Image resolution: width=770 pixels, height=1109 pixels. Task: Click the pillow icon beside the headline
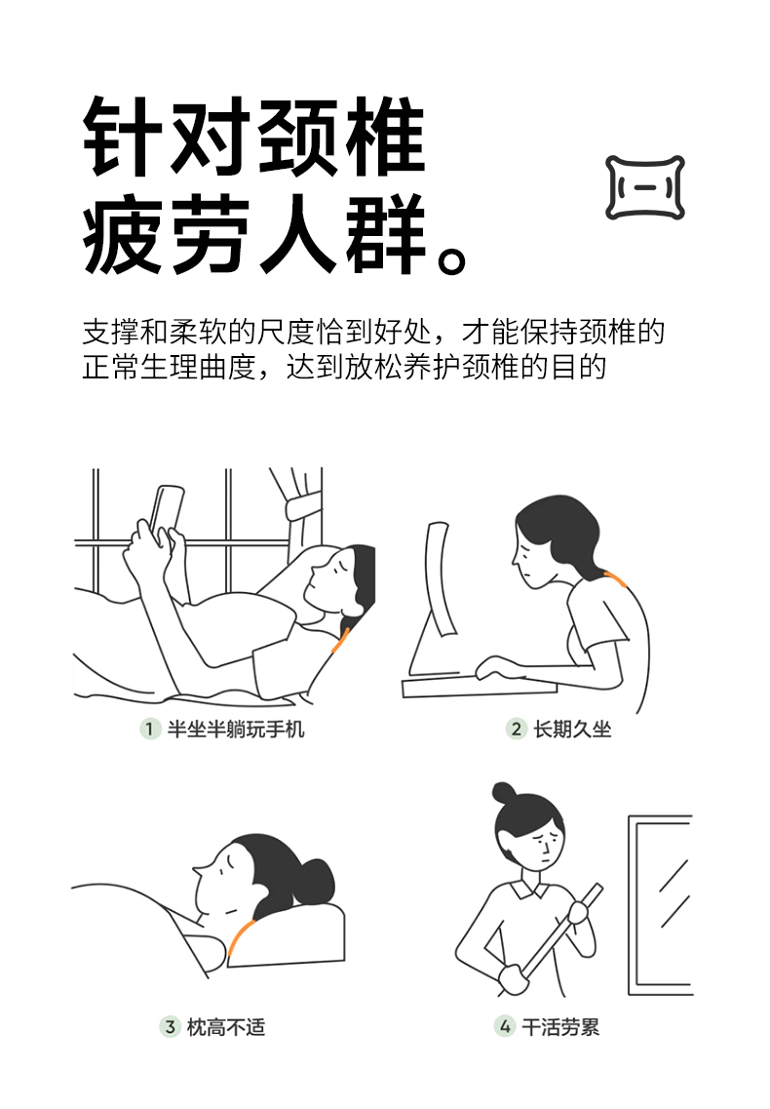pos(645,187)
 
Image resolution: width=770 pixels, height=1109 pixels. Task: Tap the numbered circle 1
pos(149,729)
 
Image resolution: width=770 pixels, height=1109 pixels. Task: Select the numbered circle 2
pos(517,729)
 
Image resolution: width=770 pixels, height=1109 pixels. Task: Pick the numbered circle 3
pos(170,1026)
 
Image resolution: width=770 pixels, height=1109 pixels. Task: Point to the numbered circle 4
pos(505,1026)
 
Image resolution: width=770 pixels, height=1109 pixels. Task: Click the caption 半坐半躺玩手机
pos(236,730)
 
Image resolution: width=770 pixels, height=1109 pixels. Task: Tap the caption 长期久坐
pos(572,730)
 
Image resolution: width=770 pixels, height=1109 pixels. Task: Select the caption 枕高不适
pos(225,1027)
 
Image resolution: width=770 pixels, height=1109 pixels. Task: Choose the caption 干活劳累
pos(560,1027)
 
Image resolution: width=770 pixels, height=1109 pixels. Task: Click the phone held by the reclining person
pos(166,508)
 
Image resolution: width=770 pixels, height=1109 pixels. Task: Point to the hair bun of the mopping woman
pos(504,793)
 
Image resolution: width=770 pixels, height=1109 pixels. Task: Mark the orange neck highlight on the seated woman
pos(614,579)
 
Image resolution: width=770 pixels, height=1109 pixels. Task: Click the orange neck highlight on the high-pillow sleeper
pos(239,935)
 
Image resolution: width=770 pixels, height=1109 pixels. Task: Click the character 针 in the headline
pos(123,136)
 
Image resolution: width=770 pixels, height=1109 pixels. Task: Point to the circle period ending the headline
pos(451,258)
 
